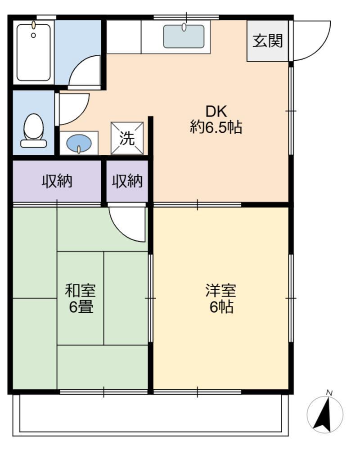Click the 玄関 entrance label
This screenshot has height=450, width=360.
point(268,40)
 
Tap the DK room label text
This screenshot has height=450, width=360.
point(216,111)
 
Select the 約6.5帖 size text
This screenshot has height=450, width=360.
point(216,127)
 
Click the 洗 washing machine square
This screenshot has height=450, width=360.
point(127,138)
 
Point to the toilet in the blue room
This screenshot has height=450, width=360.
point(34,130)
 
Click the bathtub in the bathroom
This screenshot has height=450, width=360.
point(34,53)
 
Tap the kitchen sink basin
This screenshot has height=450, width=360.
point(184,36)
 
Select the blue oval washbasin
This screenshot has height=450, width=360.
point(79,143)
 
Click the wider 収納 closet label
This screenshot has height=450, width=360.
point(57,181)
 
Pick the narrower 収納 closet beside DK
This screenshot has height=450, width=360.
point(127,181)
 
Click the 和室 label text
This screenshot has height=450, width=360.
point(80,290)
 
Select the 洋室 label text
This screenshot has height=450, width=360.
point(220,290)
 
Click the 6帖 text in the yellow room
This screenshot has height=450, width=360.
point(221,307)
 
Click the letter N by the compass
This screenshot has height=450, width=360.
point(329,393)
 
